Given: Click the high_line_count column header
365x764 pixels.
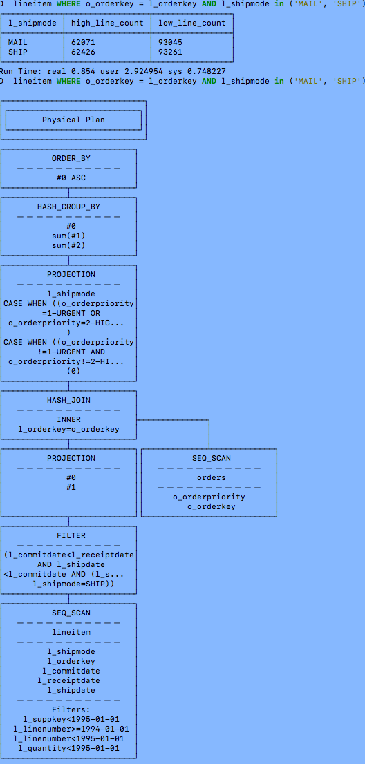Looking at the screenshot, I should (x=107, y=23).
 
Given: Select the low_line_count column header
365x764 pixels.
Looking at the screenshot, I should (x=191, y=23).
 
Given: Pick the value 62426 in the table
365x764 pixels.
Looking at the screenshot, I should (x=83, y=52).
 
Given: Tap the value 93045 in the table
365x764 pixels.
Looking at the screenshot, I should (x=170, y=42).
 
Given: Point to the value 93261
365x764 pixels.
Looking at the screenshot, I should (x=170, y=52).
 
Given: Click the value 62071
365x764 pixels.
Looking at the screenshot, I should (x=83, y=42).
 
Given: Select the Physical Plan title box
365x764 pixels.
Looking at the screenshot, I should (x=73, y=120).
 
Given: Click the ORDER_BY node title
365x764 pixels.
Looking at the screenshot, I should (x=71, y=158).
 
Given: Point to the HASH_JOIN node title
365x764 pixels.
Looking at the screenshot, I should (x=68, y=400).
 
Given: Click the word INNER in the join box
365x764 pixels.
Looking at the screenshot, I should (x=68, y=419).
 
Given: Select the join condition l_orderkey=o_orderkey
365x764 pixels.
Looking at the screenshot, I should (x=68, y=429).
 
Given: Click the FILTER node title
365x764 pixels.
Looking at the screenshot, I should (x=71, y=535).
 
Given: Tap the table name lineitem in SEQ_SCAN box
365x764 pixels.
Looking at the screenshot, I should (x=71, y=632).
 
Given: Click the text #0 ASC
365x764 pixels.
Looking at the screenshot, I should (x=71, y=178).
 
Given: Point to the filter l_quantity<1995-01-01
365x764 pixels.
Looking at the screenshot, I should (x=68, y=748).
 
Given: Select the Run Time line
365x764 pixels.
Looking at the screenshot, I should (x=113, y=71).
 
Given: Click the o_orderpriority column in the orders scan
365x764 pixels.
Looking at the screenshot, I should (x=209, y=497).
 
